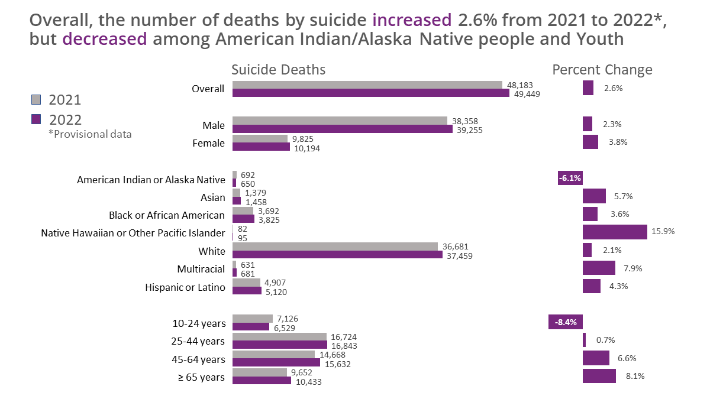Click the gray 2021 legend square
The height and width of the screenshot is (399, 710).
point(36,99)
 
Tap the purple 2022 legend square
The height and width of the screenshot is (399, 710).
point(36,119)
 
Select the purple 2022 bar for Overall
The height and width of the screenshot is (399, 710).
point(370,93)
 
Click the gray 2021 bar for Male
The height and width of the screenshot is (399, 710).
point(340,121)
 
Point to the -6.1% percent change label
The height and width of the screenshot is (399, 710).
point(570,178)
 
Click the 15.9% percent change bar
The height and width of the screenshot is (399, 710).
point(615,232)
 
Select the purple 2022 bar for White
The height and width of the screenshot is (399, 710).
point(337,255)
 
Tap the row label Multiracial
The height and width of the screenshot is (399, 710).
point(201,270)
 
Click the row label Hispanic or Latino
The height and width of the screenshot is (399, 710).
point(185,287)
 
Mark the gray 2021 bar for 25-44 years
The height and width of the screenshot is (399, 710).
point(279,337)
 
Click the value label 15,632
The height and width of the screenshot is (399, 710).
point(337,364)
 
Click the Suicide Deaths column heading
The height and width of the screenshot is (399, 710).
point(278,70)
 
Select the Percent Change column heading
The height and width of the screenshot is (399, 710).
point(602,70)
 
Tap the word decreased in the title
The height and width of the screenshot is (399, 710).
point(105,40)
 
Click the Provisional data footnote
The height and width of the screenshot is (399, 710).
point(90,134)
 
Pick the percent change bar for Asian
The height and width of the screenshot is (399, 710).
point(594,196)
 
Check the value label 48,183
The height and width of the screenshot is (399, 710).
point(520,85)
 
